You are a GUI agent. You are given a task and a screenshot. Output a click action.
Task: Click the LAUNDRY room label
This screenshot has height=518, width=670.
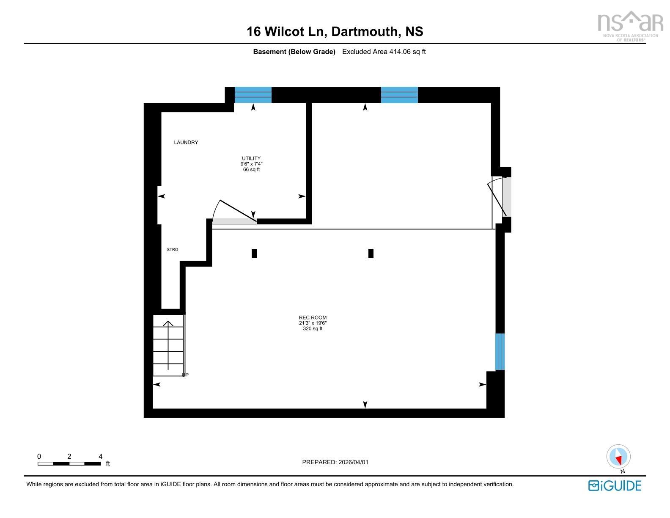pyautogui.click(x=186, y=143)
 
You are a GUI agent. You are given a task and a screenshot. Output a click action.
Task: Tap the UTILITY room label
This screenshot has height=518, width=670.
pyautogui.click(x=251, y=159)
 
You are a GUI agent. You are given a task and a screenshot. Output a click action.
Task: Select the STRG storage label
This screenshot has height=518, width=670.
pyautogui.click(x=173, y=250)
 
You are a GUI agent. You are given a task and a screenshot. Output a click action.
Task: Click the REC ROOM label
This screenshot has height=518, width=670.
pyautogui.click(x=313, y=317)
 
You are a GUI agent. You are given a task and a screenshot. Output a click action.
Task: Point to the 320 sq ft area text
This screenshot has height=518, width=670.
pyautogui.click(x=313, y=329)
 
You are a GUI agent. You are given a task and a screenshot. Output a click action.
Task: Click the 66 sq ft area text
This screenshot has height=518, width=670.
pyautogui.click(x=251, y=170)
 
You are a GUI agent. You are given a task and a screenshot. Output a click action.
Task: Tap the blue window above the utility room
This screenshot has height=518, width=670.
pyautogui.click(x=253, y=95)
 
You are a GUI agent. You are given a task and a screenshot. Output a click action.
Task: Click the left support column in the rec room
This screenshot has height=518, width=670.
pyautogui.click(x=254, y=253)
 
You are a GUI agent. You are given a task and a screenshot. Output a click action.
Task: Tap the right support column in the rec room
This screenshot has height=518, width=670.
pyautogui.click(x=371, y=253)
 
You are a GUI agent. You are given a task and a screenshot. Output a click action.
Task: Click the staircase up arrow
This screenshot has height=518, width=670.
pyautogui.click(x=168, y=345)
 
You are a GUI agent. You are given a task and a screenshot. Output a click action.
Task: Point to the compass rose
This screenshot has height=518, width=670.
pyautogui.click(x=618, y=457)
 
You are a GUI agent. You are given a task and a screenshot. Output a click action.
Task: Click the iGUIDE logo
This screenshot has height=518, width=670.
pyautogui.click(x=615, y=486)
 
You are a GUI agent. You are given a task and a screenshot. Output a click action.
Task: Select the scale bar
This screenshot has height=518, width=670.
pyautogui.click(x=69, y=463)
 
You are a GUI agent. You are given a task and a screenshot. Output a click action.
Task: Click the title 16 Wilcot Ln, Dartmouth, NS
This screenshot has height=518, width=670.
pyautogui.click(x=335, y=32)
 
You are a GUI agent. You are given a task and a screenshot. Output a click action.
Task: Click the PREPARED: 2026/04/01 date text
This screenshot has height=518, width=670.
pyautogui.click(x=335, y=462)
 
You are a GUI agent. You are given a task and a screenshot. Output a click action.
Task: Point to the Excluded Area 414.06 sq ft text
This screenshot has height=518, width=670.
pyautogui.click(x=384, y=52)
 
